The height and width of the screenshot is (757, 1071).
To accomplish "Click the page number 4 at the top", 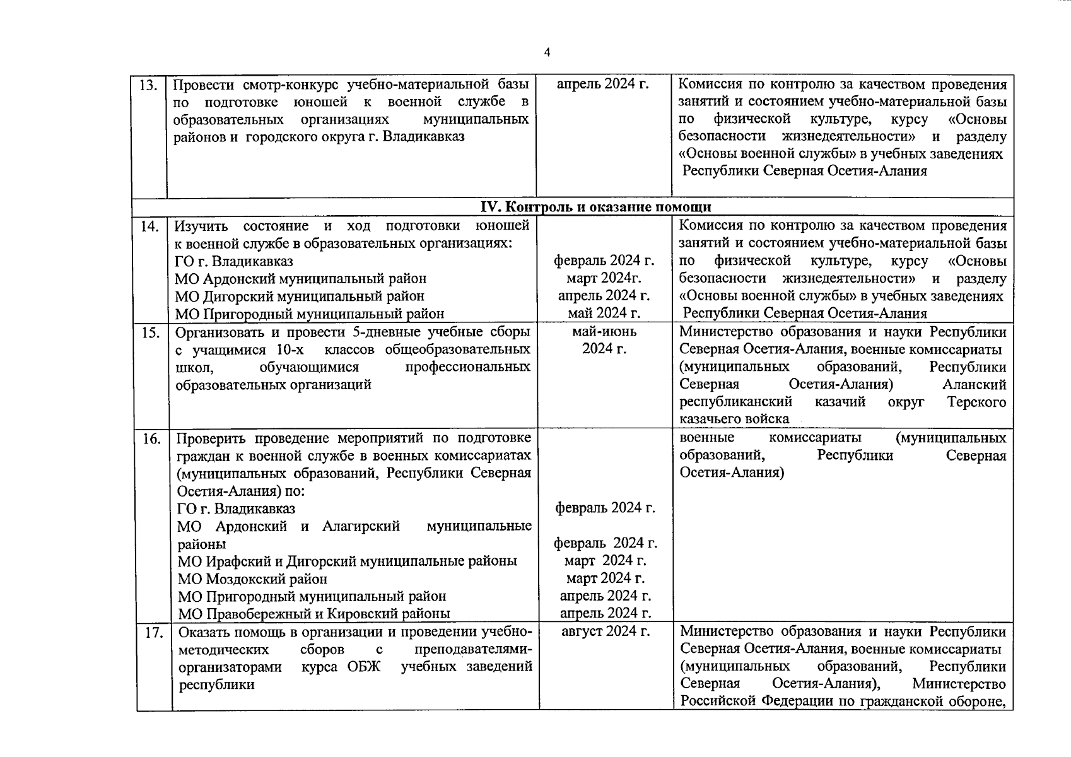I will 547,52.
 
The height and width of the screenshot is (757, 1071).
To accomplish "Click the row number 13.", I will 148,85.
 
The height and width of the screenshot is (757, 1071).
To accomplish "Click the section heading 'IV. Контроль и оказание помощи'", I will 596,207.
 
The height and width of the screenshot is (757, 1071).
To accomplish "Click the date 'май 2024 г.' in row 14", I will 604,313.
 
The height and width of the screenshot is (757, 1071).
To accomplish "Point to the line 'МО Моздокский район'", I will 252,578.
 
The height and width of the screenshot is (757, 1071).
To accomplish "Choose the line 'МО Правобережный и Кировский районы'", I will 313,613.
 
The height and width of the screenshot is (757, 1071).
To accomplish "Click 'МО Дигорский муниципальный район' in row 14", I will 300,296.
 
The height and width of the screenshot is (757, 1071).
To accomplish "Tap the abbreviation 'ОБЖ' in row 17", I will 364,667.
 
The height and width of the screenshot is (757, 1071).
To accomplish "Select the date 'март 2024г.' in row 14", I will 604,278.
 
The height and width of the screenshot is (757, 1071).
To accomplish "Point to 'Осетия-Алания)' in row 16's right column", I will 732,472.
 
